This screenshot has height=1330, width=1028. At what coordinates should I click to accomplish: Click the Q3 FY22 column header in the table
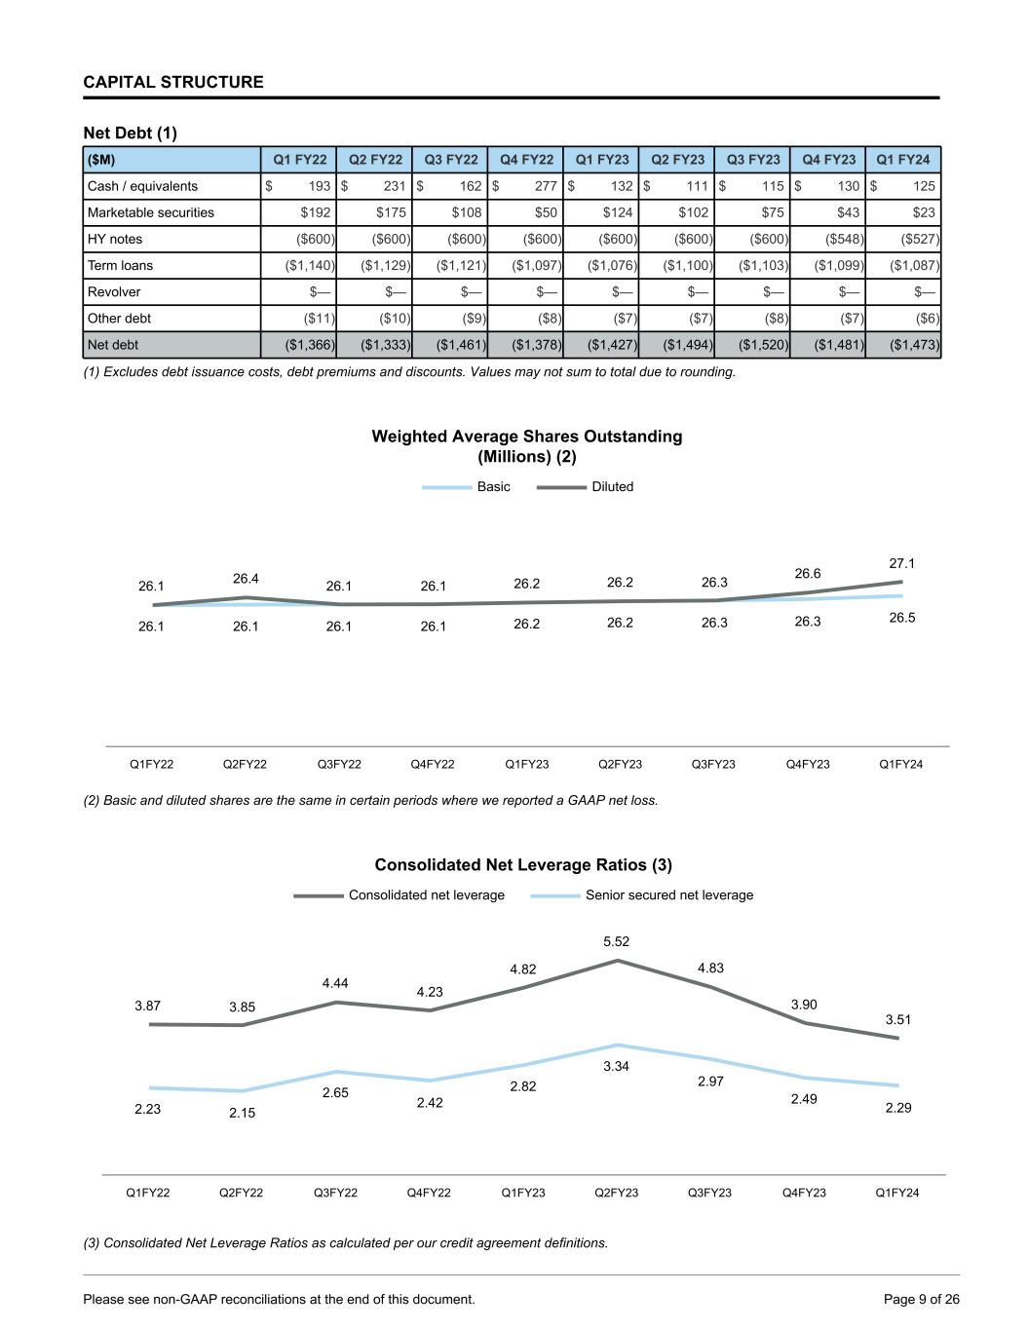[x=450, y=160]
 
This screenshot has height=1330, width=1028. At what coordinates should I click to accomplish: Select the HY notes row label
[x=115, y=239]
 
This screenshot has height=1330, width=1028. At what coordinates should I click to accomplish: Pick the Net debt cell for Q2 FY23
[x=677, y=344]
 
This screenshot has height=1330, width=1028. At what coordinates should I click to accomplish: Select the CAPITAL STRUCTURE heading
[x=173, y=82]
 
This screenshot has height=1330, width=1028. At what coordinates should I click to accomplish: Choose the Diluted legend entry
[x=612, y=486]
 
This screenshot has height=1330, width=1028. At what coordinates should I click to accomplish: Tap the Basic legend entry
[x=493, y=486]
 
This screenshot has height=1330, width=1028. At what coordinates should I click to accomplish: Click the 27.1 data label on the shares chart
[x=901, y=563]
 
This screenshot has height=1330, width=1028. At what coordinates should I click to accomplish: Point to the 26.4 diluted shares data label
[x=246, y=579]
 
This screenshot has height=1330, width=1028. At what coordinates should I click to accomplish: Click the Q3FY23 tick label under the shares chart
[x=713, y=764]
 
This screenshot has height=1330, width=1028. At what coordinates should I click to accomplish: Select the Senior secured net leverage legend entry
[x=668, y=894]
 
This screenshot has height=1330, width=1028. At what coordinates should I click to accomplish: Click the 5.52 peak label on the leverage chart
[x=616, y=941]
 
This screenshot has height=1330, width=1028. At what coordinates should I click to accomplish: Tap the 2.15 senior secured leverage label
[x=242, y=1113]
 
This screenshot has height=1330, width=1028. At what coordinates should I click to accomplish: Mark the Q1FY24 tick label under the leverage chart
[x=896, y=1193]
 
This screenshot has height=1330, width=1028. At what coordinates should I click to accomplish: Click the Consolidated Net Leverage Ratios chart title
[x=523, y=864]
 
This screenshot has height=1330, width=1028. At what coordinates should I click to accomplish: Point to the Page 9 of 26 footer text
[x=921, y=1299]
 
